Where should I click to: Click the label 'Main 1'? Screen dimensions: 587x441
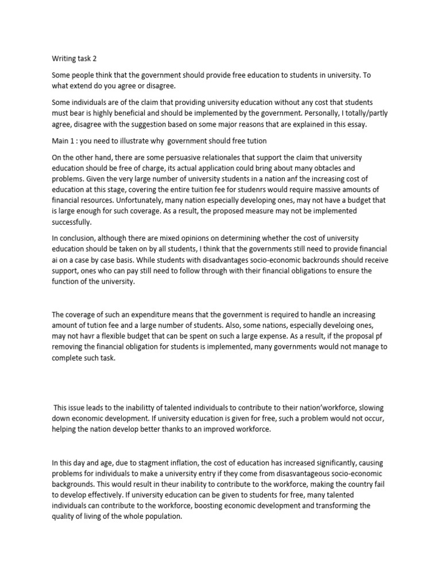pos(64,141)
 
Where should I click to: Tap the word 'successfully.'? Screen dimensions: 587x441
pos(72,222)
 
